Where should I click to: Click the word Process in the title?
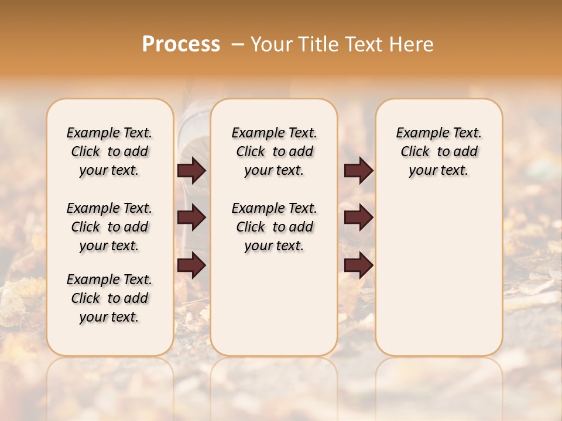coord(181,44)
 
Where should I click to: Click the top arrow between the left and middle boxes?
coord(191,171)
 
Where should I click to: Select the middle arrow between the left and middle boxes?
coord(191,218)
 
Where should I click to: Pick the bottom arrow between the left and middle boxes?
coord(191,265)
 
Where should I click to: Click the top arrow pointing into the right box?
coord(358,171)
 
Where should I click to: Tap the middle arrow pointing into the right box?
coord(358,218)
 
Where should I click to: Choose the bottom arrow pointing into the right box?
coord(358,265)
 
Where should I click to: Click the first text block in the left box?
coord(109,151)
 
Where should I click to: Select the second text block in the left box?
coord(109,227)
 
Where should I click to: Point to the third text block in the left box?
coord(109,298)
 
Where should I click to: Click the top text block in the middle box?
coord(274,151)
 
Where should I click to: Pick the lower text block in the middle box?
coord(274,227)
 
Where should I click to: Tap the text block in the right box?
coord(438,151)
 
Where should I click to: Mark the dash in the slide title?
coord(237,44)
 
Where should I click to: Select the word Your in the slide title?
coord(272,44)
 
